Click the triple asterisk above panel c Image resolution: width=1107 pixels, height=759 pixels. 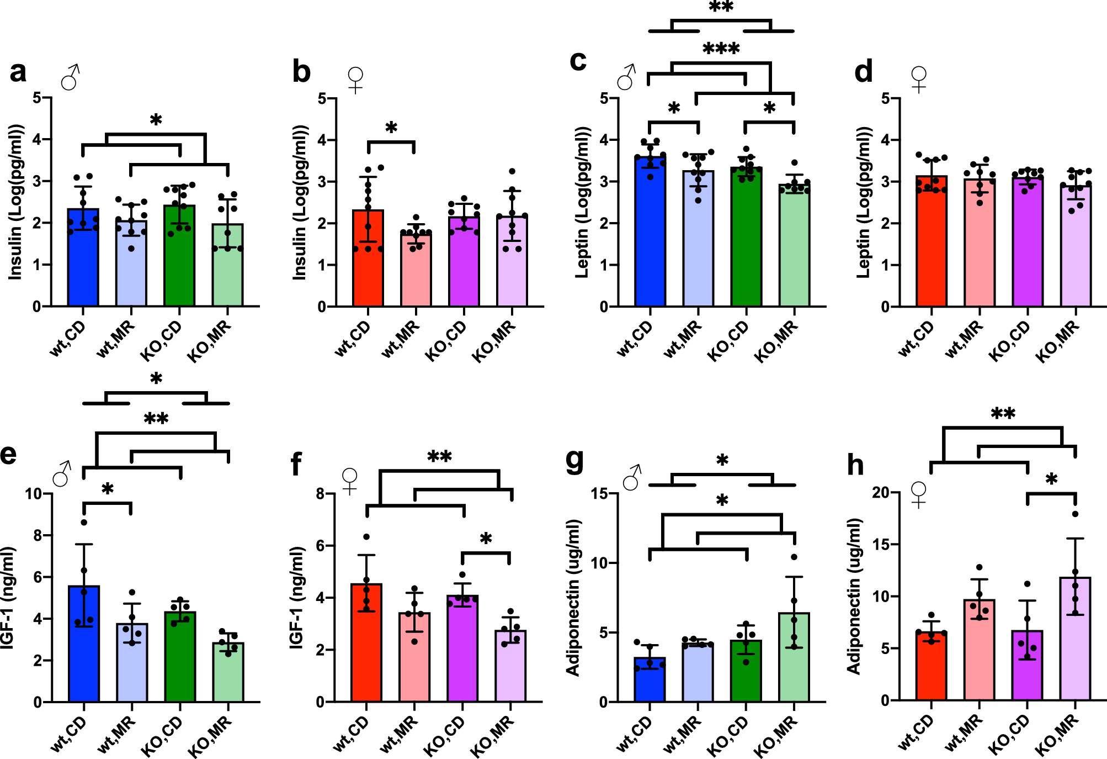[721, 49]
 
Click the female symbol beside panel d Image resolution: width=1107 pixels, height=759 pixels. [919, 79]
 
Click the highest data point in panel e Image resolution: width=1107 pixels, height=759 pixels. [84, 522]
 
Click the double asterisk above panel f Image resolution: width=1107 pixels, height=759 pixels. [439, 457]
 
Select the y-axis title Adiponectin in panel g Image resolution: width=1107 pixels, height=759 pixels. [573, 597]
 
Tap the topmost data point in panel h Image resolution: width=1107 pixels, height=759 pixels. [1075, 514]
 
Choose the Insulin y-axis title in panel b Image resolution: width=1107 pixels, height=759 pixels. [299, 202]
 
